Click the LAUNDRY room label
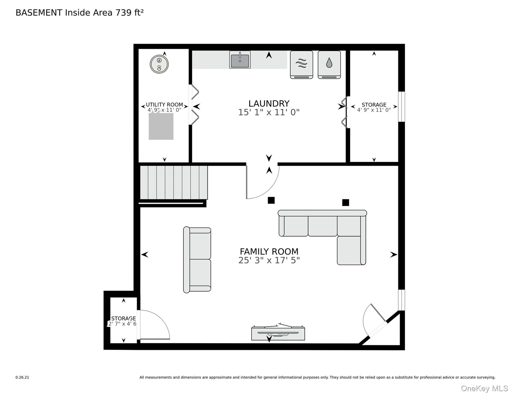pos(269,103)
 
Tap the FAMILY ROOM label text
pos(269,251)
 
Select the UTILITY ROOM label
pos(164,104)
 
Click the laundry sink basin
pos(240,60)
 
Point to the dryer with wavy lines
pos(302,65)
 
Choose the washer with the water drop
pos(329,65)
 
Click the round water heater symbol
pos(159,64)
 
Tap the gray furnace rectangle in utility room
pos(161,126)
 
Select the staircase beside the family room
pos(174,182)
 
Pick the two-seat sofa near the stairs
pos(197,260)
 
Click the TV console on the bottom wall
pos(278,332)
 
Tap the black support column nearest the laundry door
pos(271,200)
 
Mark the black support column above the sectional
pos(345,202)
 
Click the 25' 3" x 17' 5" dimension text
pos(269,260)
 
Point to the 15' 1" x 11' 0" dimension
pos(269,112)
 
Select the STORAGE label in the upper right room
pos(374,105)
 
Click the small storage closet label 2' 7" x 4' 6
pos(122,324)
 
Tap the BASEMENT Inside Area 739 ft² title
pos(80,12)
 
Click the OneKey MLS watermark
pos(484,388)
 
